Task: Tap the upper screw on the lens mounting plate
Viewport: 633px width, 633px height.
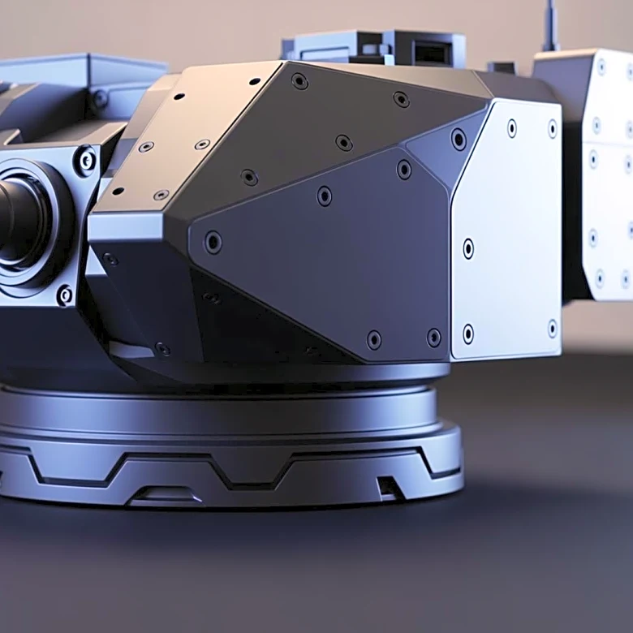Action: [84, 160]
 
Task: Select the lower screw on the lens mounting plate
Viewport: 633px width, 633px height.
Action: [65, 295]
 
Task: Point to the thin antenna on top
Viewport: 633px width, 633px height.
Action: [551, 24]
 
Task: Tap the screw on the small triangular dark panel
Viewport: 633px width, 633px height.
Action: [459, 139]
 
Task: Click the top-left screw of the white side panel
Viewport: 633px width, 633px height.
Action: [511, 127]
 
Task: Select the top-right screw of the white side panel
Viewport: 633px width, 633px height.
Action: [553, 128]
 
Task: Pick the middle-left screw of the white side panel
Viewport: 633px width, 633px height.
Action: [468, 248]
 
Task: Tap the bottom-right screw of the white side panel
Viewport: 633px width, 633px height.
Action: [553, 329]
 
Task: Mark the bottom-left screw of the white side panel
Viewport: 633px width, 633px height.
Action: [468, 333]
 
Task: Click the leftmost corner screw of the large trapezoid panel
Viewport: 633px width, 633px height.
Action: [213, 242]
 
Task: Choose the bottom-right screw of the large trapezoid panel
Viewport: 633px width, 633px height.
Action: [434, 337]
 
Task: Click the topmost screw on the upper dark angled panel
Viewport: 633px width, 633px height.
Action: [299, 81]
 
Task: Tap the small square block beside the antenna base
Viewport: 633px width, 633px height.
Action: [502, 67]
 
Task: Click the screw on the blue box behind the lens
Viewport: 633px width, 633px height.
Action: [100, 99]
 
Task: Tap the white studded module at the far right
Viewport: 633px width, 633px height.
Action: [601, 174]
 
